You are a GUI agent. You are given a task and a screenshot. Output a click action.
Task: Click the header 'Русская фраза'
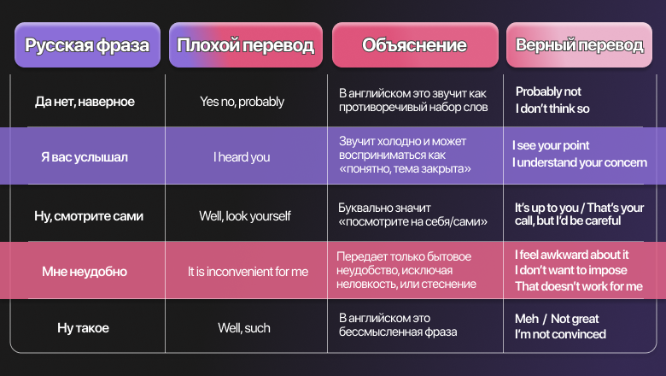[87, 45]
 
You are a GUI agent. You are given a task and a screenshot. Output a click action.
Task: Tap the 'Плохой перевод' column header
[246, 45]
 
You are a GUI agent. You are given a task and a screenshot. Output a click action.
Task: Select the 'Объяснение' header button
[415, 45]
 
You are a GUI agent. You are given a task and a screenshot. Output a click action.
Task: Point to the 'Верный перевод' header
[579, 45]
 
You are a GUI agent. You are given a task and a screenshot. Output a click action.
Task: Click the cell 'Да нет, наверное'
[85, 102]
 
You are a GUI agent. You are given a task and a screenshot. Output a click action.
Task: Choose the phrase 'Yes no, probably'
[242, 102]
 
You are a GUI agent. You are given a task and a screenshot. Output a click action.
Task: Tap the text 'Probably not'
[548, 91]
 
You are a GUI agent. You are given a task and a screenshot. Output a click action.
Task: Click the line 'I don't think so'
[552, 109]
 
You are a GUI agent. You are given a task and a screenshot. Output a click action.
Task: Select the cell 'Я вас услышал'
[85, 157]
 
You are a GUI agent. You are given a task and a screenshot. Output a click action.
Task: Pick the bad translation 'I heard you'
[242, 157]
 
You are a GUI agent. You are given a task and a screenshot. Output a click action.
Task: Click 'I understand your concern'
[580, 162]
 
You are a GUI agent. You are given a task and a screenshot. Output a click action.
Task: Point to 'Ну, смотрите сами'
[89, 216]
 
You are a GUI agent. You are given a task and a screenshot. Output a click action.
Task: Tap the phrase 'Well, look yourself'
[245, 216]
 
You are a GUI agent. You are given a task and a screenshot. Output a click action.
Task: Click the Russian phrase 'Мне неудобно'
[85, 272]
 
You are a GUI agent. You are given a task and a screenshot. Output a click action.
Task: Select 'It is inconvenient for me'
[248, 272]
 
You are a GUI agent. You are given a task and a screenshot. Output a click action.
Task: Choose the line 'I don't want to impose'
[571, 270]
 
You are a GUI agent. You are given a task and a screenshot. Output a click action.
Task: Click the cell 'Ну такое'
[84, 328]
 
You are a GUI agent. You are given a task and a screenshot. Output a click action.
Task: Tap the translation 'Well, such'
[244, 328]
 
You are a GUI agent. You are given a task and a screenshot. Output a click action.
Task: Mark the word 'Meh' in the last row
[527, 319]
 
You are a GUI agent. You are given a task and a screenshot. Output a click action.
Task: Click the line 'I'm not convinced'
[561, 334]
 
